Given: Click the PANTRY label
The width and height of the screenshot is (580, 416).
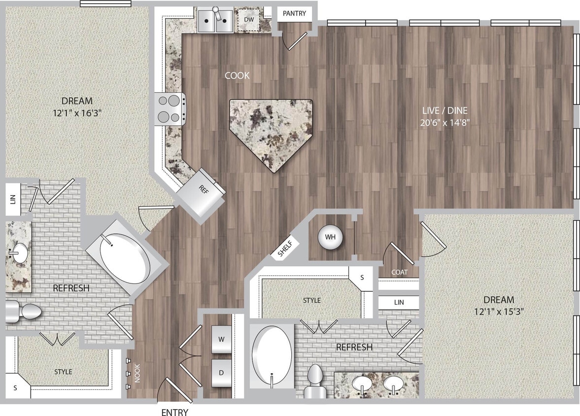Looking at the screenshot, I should [294, 14].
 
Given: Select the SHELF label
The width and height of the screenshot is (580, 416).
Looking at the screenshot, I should [285, 249].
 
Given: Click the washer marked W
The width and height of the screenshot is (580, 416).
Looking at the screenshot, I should [221, 340].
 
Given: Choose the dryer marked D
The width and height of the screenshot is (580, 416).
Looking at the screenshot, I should [221, 373].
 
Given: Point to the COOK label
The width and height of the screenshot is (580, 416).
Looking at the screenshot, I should [237, 75].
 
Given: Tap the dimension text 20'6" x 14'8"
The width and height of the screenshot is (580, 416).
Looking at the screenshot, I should [444, 123].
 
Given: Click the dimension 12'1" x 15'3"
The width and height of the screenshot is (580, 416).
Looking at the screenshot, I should [499, 312].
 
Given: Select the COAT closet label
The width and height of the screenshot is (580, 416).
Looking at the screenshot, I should [399, 272].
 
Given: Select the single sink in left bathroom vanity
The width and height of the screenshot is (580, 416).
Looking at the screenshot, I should [19, 251].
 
